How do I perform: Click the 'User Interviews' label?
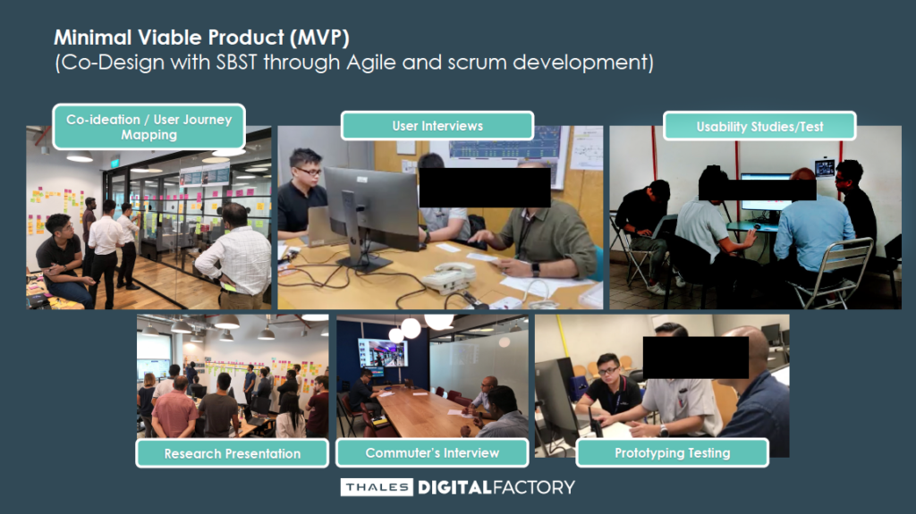pyautogui.click(x=437, y=125)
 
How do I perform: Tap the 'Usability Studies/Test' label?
pyautogui.click(x=759, y=126)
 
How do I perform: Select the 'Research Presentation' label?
pyautogui.click(x=233, y=453)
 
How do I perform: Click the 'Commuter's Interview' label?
pyautogui.click(x=432, y=452)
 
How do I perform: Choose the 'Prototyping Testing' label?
pyautogui.click(x=673, y=452)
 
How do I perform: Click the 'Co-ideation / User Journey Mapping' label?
pyautogui.click(x=149, y=127)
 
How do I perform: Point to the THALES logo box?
pyautogui.click(x=377, y=487)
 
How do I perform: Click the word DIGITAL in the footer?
pyautogui.click(x=454, y=487)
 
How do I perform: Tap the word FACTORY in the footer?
pyautogui.click(x=534, y=487)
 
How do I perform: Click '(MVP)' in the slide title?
pyautogui.click(x=319, y=38)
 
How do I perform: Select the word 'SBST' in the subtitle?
pyautogui.click(x=236, y=63)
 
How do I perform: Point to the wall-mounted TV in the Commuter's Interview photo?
pyautogui.click(x=383, y=353)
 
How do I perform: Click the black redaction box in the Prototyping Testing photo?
pyautogui.click(x=696, y=358)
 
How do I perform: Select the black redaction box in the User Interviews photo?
pyautogui.click(x=485, y=188)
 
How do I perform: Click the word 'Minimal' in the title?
pyautogui.click(x=93, y=38)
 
